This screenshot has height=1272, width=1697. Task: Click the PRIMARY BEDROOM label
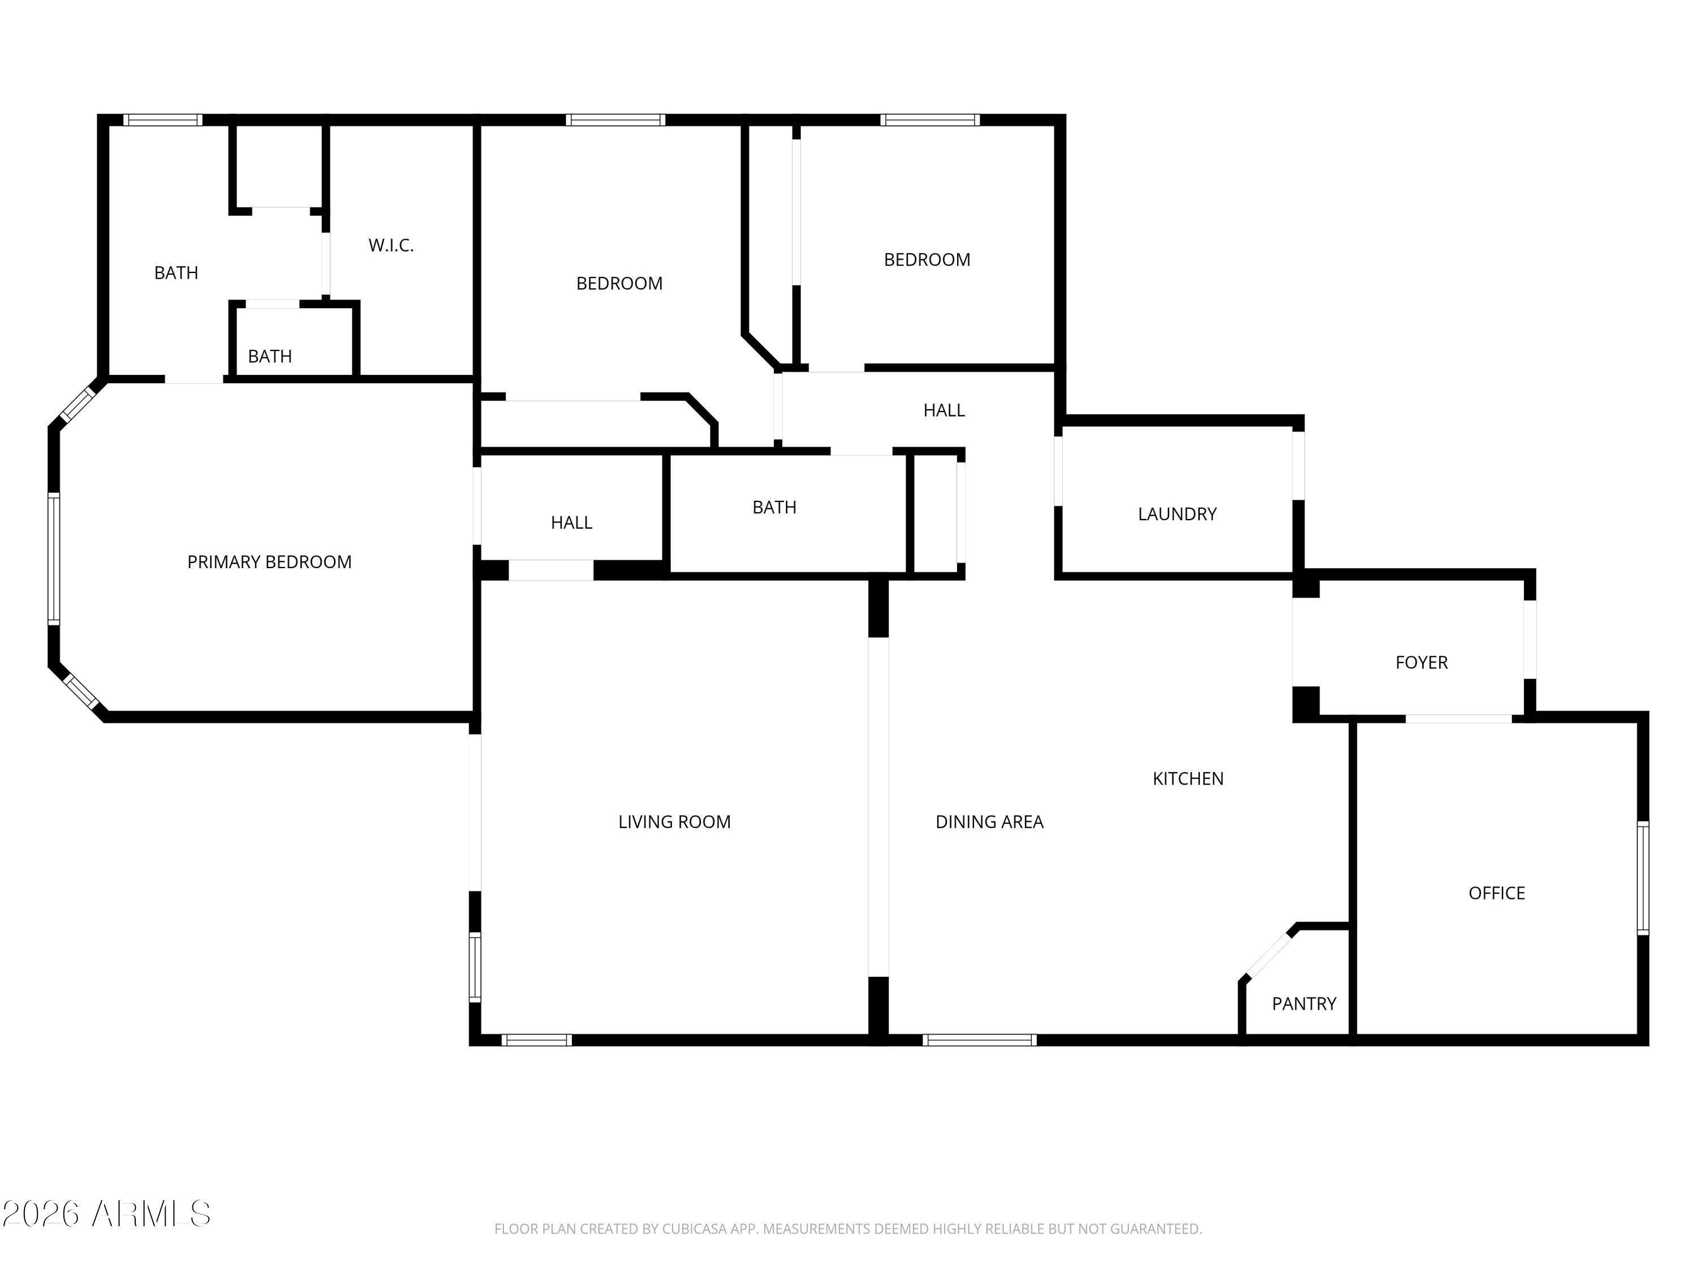[269, 562]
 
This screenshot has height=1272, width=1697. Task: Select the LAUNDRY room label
[1177, 514]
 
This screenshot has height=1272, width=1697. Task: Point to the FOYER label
[1421, 663]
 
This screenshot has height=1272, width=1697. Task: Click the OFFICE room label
[1496, 893]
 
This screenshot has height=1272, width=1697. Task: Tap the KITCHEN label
[1187, 779]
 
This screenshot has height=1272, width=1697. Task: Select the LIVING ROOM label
[674, 822]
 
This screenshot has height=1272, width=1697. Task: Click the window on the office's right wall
[1643, 878]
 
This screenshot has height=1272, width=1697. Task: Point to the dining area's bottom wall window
[980, 1040]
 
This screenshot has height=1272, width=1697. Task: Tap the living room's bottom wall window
[536, 1040]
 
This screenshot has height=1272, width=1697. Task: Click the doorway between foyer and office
[1458, 719]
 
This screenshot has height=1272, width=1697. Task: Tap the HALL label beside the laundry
[944, 410]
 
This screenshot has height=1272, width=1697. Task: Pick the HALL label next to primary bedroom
[571, 523]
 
